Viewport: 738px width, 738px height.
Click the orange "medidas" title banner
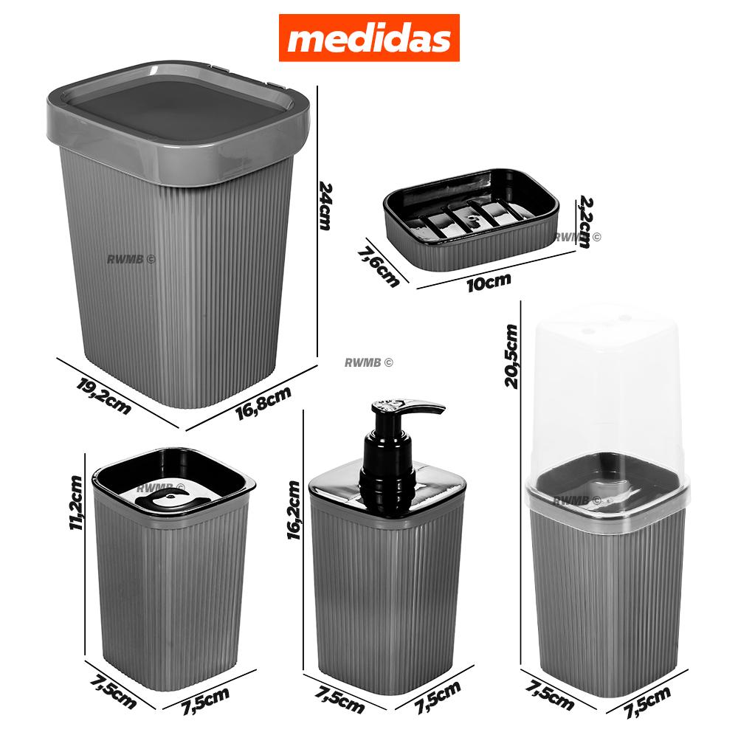click(x=369, y=38)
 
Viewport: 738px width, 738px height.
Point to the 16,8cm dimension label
click(x=263, y=402)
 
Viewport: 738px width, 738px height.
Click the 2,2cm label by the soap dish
click(x=585, y=221)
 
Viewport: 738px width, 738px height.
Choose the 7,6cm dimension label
click(x=379, y=267)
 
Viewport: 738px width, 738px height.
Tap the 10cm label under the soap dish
click(x=489, y=283)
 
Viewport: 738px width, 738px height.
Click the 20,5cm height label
click(x=511, y=356)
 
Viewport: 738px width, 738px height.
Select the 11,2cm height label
click(x=76, y=503)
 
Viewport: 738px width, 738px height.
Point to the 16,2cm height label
click(x=293, y=510)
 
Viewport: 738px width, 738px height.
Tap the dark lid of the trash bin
click(x=179, y=111)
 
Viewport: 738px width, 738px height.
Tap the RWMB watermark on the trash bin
click(x=131, y=259)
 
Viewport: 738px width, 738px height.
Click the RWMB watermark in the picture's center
click(x=368, y=362)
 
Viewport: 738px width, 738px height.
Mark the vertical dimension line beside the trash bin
click(x=317, y=221)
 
